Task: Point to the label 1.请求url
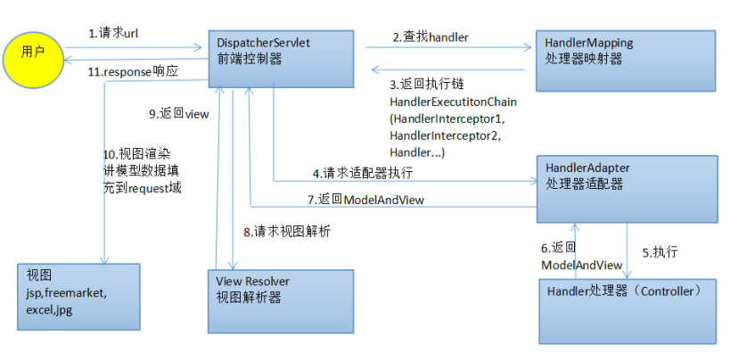(114, 33)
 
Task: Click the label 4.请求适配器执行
(362, 172)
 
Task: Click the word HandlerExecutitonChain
(453, 102)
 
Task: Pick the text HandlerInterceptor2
(447, 135)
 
